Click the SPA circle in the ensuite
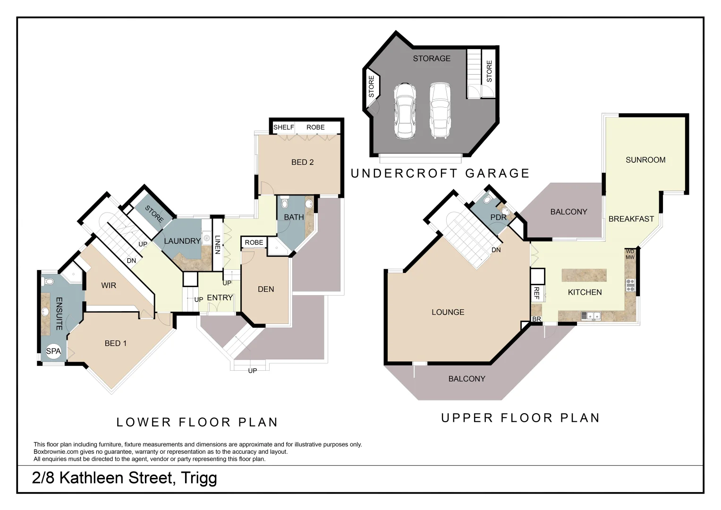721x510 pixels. (53, 351)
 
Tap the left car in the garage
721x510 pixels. (405, 110)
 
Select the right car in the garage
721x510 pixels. (440, 110)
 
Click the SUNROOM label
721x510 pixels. (645, 160)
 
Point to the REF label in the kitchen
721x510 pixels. (536, 293)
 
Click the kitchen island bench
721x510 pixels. (584, 275)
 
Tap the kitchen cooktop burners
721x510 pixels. (630, 285)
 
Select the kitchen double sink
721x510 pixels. (590, 315)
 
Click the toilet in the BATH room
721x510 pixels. (284, 203)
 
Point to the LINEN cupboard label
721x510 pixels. (218, 245)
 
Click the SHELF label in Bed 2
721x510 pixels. (283, 127)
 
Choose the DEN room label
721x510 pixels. (266, 289)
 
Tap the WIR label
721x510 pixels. (109, 286)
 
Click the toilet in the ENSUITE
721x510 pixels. (49, 282)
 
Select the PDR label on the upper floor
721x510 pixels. (498, 217)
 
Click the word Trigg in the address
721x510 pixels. (199, 478)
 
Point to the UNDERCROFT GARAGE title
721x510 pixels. (440, 173)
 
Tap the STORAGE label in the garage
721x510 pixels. (432, 59)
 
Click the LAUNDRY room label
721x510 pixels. (182, 241)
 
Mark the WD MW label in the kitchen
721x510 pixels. (630, 255)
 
